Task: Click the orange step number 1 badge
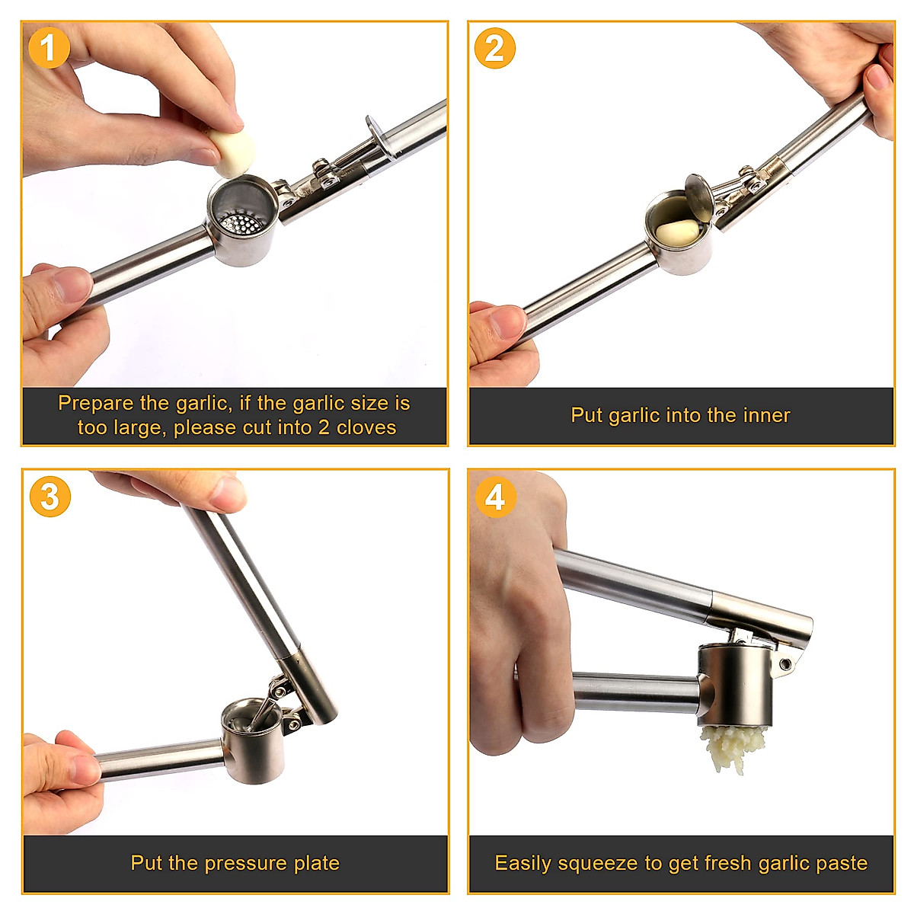49,48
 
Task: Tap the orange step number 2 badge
494,48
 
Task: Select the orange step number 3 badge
50,497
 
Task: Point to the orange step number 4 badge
495,497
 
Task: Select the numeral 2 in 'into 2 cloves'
324,427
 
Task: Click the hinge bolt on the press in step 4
785,665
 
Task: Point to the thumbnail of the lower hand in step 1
73,285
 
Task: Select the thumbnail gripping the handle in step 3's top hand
226,494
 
